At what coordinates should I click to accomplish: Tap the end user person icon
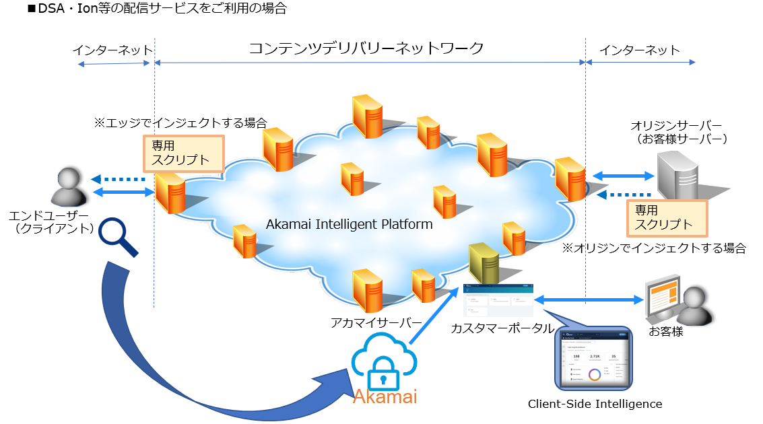(x=70, y=188)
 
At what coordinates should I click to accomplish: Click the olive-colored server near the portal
(x=483, y=264)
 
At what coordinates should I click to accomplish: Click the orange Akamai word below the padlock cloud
(x=385, y=397)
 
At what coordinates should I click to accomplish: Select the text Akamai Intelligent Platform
(x=349, y=224)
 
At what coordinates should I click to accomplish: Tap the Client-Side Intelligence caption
(x=595, y=404)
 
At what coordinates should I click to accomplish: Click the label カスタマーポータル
(x=502, y=328)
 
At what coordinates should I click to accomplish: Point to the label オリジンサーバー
(x=676, y=126)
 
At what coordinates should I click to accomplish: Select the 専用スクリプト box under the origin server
(x=667, y=217)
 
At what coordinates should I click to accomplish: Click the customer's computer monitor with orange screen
(x=664, y=298)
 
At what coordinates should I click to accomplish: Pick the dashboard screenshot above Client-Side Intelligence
(x=593, y=359)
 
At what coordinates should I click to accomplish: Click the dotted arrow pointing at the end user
(x=119, y=180)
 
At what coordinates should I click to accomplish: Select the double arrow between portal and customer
(x=586, y=299)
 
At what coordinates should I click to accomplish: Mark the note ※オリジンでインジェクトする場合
(x=654, y=248)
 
